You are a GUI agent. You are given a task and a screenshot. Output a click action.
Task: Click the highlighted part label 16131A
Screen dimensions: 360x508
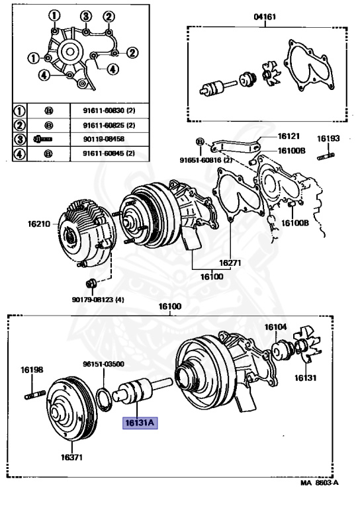[x=140, y=423]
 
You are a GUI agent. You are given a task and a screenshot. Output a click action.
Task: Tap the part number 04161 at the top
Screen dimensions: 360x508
[x=265, y=16]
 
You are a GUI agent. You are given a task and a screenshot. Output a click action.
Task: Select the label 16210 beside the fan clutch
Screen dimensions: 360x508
[x=39, y=224]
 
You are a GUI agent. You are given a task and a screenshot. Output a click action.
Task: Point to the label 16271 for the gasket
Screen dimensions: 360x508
[x=230, y=263]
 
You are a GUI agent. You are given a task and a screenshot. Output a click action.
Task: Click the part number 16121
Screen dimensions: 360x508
[x=289, y=136]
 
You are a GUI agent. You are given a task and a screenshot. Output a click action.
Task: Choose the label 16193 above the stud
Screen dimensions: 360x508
[x=328, y=138]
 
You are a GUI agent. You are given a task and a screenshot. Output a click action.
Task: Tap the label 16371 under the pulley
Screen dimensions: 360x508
[x=71, y=457]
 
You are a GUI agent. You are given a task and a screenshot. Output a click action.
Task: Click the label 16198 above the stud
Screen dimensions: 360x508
[x=32, y=369]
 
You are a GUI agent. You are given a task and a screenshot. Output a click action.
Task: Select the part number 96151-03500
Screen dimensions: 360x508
[x=103, y=364]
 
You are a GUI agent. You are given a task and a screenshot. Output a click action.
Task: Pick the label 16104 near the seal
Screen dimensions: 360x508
[x=276, y=327]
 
